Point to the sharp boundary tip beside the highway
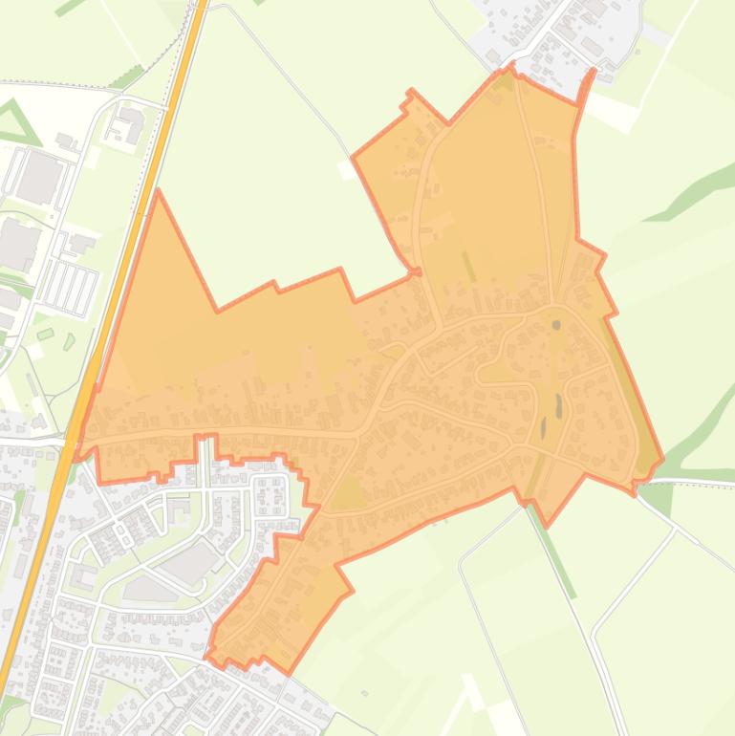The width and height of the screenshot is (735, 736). click(159, 195)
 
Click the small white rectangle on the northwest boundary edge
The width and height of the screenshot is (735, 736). click(345, 170)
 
